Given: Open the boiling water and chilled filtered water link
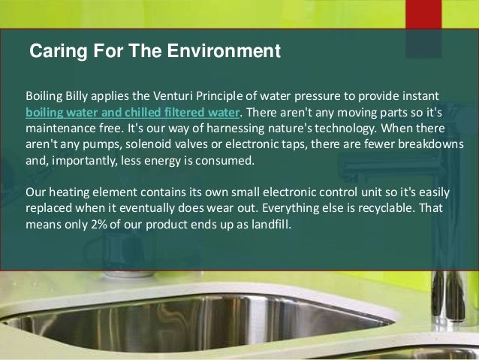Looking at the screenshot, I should (134, 113).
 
